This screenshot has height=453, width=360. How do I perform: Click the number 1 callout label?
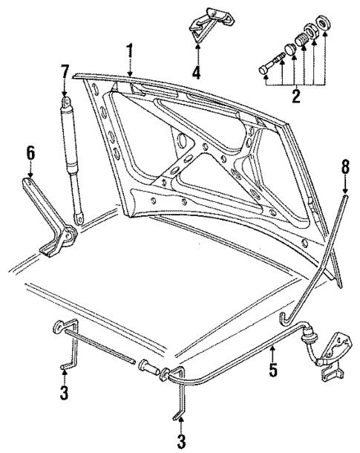(130, 51)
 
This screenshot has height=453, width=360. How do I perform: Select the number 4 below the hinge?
(197, 74)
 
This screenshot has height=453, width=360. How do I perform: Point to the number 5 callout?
(273, 369)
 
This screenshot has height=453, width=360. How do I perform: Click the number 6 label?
(30, 152)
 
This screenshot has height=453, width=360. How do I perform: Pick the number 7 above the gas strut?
(65, 72)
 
